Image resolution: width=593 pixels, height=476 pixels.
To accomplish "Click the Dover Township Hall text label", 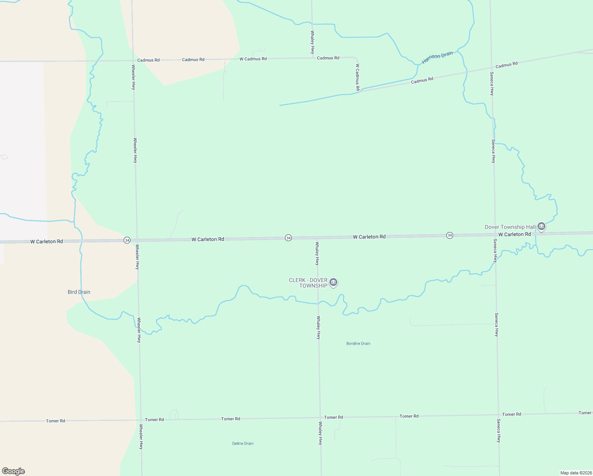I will pos(510,227).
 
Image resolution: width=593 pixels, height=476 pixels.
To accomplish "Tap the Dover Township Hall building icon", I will pos(541,226).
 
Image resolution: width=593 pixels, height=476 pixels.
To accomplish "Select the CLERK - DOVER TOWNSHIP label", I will pos(308,283).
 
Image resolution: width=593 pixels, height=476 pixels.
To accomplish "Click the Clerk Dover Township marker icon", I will pos(333,282).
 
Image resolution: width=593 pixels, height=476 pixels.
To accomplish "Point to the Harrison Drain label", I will pos(437,58).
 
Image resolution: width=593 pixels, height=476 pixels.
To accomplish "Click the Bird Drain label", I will pos(79,292).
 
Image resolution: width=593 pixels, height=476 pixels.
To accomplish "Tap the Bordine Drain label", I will pos(358,344).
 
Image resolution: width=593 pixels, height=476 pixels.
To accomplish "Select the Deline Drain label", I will pos(243,443).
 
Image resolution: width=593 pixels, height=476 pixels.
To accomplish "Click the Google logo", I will pos(13,471).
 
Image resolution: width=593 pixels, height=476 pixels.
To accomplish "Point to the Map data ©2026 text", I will pos(576,473).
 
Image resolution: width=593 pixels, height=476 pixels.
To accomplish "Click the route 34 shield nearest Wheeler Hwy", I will pos(127,240).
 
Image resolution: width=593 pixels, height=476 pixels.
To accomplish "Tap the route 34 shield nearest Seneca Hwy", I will pos(450,235).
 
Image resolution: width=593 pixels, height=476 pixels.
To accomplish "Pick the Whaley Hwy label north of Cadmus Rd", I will pos(312,42).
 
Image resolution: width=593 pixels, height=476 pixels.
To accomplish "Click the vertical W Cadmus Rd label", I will pos(358,77).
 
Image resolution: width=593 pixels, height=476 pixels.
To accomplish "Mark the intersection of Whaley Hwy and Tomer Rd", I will pos(320,417).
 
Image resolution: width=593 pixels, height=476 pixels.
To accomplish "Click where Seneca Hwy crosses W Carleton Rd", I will pos(495,234).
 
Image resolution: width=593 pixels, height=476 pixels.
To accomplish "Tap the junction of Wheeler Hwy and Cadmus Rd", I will pos(133,60).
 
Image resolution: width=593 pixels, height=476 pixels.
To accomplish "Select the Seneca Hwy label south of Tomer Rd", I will pos(499,430).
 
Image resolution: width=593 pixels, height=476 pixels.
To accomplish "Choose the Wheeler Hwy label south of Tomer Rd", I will pos(141,436).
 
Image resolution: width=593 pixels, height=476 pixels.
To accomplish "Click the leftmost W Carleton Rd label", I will pos(46,241).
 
